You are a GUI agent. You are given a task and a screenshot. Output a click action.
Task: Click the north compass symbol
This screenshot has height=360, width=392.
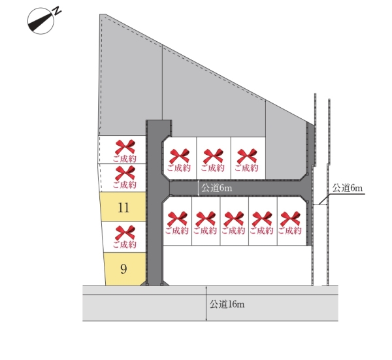(x=41, y=21)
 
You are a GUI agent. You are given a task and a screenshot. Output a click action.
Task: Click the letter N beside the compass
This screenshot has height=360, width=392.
(x=57, y=11)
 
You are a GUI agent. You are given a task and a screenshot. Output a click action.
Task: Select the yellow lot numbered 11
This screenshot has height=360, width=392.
(x=123, y=206)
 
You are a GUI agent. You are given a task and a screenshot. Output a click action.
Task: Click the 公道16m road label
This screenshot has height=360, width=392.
(x=227, y=304)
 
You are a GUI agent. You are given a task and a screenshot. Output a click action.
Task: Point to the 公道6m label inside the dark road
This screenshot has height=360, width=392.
(x=217, y=188)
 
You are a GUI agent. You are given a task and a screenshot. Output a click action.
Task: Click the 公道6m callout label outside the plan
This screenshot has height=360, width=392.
(x=348, y=188)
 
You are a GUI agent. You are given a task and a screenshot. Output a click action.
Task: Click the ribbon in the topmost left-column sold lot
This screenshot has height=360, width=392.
(x=125, y=147)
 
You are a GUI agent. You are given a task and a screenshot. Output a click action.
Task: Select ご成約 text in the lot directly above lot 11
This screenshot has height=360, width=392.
(x=125, y=185)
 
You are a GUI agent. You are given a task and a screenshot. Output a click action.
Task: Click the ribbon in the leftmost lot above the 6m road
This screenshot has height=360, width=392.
(x=179, y=156)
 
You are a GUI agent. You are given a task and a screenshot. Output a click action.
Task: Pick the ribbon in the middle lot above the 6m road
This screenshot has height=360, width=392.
(x=213, y=156)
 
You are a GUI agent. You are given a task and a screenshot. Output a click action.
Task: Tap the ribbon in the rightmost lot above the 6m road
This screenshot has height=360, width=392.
(x=247, y=156)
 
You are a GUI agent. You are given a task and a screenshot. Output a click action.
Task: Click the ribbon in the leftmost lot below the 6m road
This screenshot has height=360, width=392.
(x=177, y=219)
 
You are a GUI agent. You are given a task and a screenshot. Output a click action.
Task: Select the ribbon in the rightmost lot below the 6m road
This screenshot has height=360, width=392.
(x=290, y=219)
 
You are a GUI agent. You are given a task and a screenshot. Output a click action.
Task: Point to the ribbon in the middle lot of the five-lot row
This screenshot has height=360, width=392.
(x=233, y=219)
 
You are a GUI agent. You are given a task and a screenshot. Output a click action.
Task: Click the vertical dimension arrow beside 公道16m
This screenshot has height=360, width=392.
(x=206, y=304)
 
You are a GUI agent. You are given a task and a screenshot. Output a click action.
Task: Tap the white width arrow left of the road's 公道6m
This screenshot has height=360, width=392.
(x=198, y=188)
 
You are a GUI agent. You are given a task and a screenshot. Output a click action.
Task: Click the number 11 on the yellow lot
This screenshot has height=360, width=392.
(x=123, y=208)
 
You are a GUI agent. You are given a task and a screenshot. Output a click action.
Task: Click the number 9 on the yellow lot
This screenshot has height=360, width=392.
(x=123, y=269)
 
